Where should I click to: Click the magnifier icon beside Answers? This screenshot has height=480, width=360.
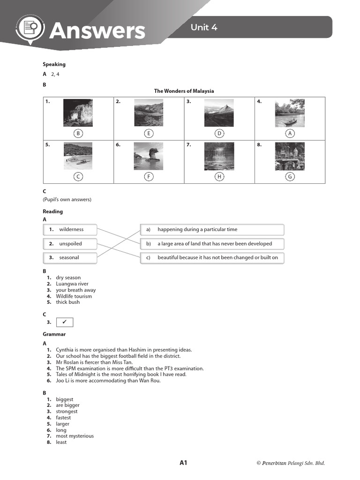(30, 30)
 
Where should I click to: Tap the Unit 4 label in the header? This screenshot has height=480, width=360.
(203, 27)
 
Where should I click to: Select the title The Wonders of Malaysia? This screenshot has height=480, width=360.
(184, 91)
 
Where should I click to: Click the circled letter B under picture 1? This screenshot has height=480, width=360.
(78, 134)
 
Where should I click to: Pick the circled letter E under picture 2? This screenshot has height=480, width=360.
(149, 134)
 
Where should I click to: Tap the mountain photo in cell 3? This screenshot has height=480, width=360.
(219, 112)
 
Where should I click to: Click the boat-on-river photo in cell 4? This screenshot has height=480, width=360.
(289, 112)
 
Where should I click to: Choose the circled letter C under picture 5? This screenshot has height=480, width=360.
(78, 177)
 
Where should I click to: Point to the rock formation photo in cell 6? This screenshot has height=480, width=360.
(149, 156)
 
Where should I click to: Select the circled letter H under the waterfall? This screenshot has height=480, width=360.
(219, 177)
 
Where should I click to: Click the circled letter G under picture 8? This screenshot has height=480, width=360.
(290, 177)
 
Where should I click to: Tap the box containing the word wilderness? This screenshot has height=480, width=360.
(70, 230)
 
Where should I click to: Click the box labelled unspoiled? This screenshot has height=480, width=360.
(70, 244)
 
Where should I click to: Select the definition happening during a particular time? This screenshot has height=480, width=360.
(212, 230)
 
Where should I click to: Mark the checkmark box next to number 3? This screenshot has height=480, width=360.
(65, 322)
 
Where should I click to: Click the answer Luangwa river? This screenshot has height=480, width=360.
(72, 284)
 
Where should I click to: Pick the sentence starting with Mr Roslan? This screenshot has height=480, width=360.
(94, 362)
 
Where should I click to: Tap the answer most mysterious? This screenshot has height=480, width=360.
(75, 436)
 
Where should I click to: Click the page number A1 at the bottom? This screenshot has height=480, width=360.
(183, 463)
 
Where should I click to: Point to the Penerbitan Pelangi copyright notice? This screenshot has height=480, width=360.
(290, 463)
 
